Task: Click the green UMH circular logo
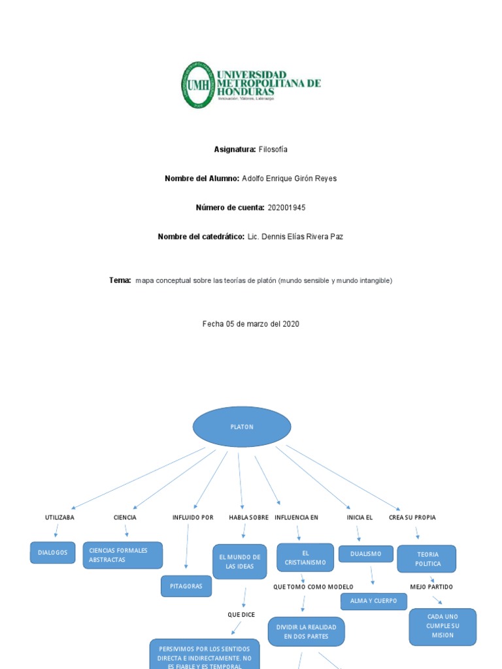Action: tap(197, 85)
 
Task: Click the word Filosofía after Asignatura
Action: tap(273, 150)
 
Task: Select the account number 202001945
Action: tap(286, 208)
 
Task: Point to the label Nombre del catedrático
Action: tap(201, 237)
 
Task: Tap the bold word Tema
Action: tap(120, 280)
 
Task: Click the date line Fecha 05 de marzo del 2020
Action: tap(251, 323)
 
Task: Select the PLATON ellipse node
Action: tap(242, 427)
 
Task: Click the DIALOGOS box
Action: tap(52, 553)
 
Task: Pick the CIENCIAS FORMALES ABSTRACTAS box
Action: tap(122, 555)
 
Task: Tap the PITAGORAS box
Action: tap(186, 586)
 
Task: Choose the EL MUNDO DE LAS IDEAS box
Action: tap(239, 562)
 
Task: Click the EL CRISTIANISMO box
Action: tap(305, 557)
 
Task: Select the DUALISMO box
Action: tap(365, 554)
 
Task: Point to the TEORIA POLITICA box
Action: tap(427, 559)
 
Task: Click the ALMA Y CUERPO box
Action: tap(373, 601)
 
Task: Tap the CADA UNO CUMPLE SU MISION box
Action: tap(443, 626)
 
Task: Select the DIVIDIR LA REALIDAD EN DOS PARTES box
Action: tap(306, 632)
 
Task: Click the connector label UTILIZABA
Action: tap(59, 517)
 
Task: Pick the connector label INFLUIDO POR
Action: tap(193, 517)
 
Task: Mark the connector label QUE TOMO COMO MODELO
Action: tap(313, 587)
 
